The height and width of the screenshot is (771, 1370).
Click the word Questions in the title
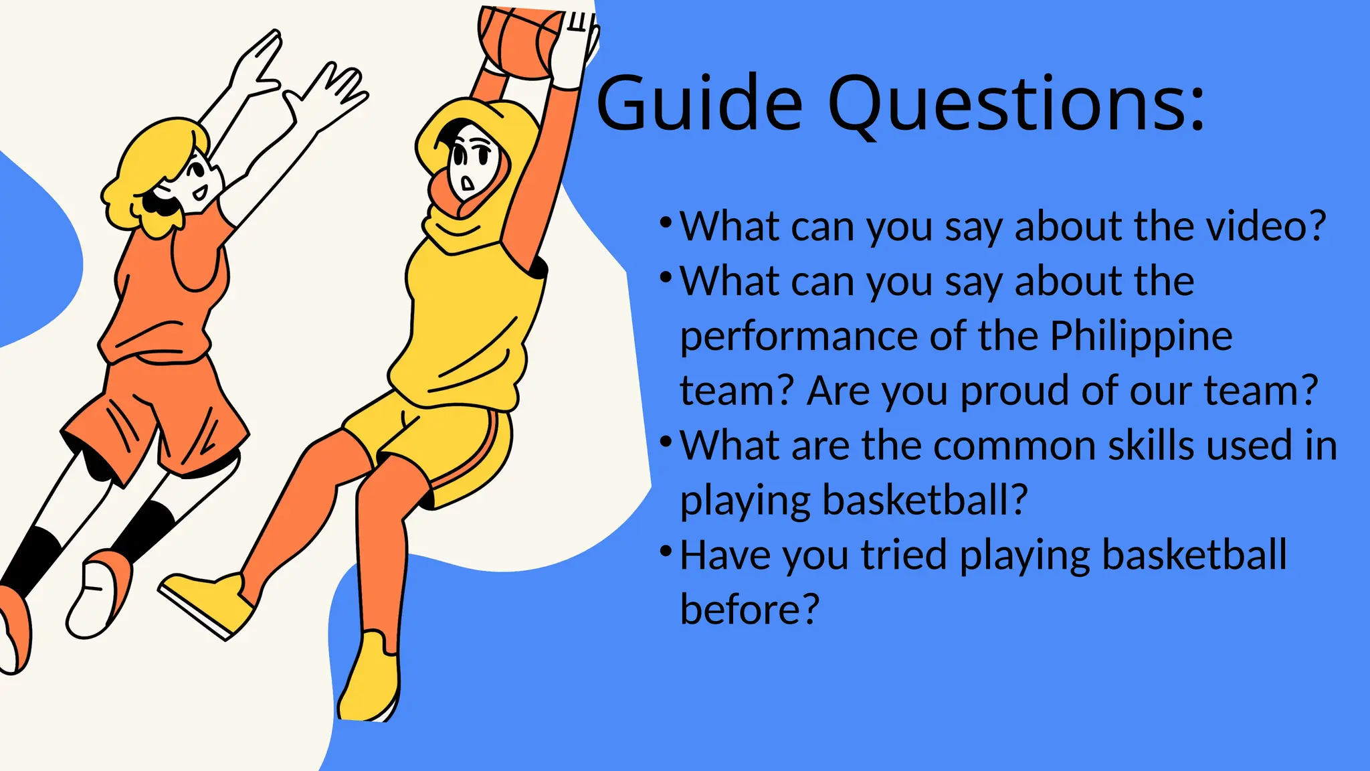(x=1015, y=104)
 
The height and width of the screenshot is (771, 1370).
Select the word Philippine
(x=1141, y=336)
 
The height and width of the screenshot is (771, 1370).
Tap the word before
(x=749, y=609)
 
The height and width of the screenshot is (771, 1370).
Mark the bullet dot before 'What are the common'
(x=665, y=442)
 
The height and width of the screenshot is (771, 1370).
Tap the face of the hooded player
(x=472, y=164)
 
